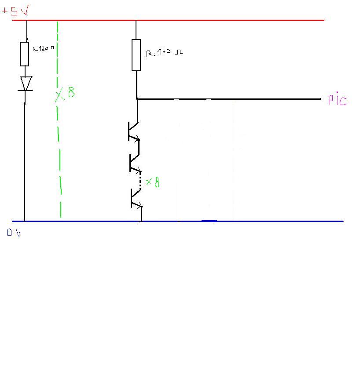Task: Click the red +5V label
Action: coord(15,11)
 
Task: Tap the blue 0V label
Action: coord(14,233)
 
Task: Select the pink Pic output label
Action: coord(338,100)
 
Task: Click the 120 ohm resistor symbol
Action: coord(25,54)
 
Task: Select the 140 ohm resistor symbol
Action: coord(136,55)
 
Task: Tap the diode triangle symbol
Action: coord(26,83)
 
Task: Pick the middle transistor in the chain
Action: coord(134,163)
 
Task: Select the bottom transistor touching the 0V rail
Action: coord(136,199)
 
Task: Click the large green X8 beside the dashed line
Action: coord(65,94)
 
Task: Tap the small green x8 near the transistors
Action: coord(152,182)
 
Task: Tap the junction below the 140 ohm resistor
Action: coord(137,99)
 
